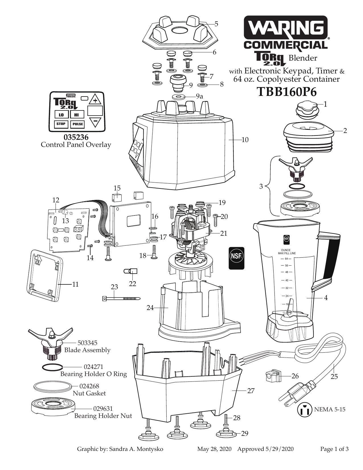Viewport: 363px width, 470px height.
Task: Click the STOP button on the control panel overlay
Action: (61, 124)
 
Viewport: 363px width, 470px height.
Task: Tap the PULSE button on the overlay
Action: (77, 124)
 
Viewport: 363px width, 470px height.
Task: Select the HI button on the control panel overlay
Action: (77, 115)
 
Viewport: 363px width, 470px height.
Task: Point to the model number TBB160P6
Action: (286, 92)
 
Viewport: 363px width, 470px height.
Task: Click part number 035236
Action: (76, 137)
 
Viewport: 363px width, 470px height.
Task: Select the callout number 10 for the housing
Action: (245, 140)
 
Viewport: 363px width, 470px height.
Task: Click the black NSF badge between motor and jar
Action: (237, 258)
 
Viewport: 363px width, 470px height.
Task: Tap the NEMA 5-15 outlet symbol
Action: (304, 410)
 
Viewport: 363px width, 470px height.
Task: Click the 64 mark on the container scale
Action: (286, 259)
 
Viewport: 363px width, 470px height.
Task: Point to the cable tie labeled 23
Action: (121, 298)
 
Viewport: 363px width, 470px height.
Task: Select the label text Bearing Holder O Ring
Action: (93, 374)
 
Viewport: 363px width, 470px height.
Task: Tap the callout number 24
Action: (150, 308)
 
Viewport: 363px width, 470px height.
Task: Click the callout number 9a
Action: (200, 97)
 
